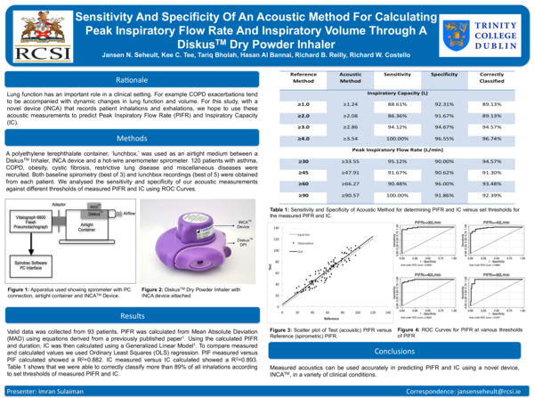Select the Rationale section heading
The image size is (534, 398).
(x=132, y=79)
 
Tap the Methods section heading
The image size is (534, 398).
(x=132, y=138)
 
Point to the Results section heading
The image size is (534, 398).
(x=132, y=316)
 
